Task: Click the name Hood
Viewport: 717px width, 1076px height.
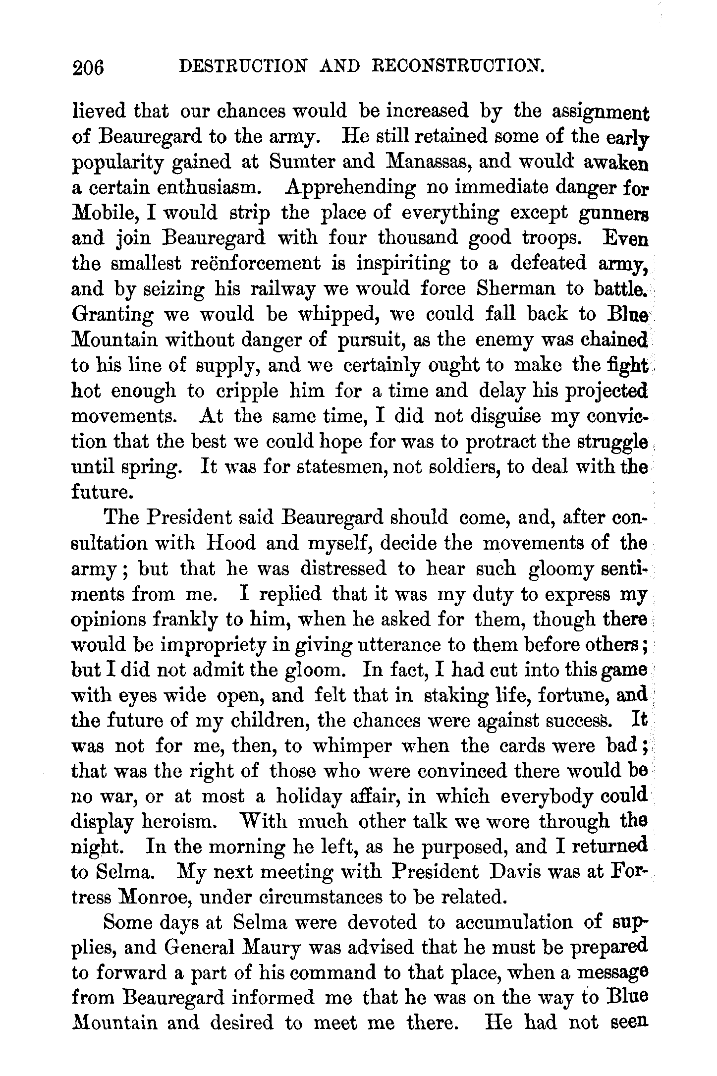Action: click(x=230, y=544)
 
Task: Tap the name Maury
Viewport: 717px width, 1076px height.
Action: click(x=268, y=949)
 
